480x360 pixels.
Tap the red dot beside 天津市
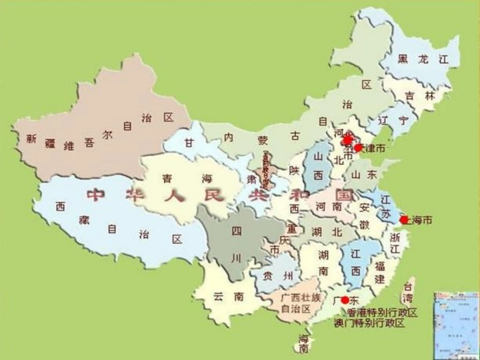(358, 148)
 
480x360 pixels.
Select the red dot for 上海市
(404, 220)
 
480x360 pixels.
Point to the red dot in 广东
(345, 300)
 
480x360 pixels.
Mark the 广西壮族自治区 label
(301, 303)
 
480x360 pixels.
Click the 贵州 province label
(278, 275)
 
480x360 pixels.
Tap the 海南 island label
(303, 343)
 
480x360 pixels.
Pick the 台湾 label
(408, 291)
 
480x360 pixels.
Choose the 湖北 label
(326, 232)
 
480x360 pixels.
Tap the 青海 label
(187, 178)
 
